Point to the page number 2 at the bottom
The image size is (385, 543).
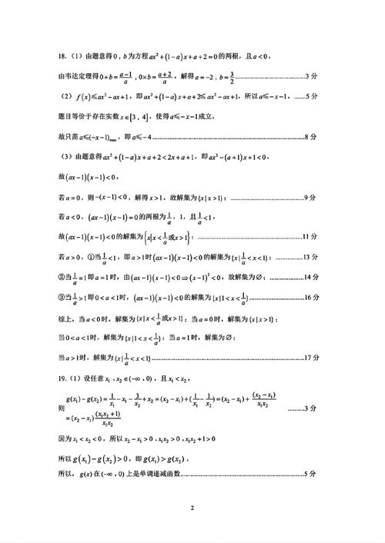pos(192,508)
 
